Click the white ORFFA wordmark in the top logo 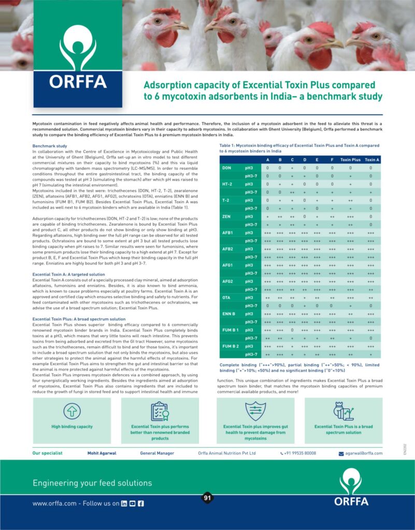tap(78, 82)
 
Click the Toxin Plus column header tap(350, 160)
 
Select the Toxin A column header tap(371, 160)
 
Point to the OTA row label tap(227, 297)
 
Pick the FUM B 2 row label tap(231, 346)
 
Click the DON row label tap(227, 168)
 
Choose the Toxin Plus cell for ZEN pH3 tap(350, 216)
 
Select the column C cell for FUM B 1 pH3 tap(292, 330)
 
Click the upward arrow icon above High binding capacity tap(72, 411)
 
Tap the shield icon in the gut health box tap(255, 410)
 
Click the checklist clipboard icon tap(160, 411)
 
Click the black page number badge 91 tap(207, 498)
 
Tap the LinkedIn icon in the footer tap(124, 503)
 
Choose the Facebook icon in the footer tap(140, 503)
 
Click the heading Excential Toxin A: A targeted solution tap(68, 274)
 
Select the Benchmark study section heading tap(50, 146)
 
